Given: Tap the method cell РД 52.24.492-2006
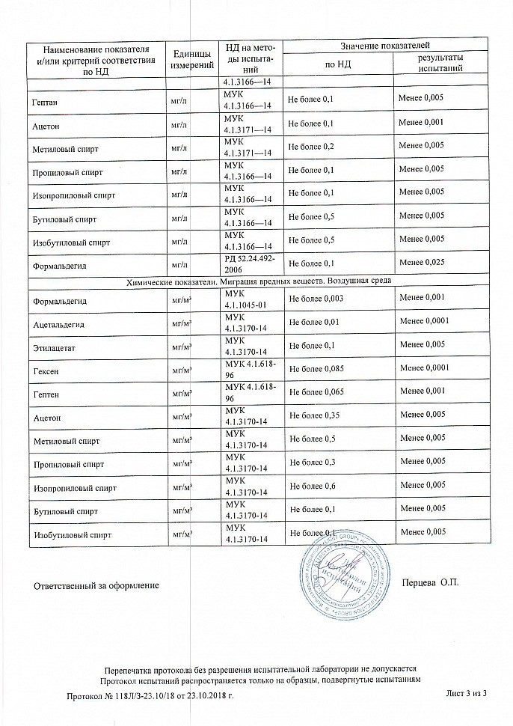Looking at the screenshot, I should pos(249,263).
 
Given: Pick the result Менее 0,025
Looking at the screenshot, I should pos(423,263).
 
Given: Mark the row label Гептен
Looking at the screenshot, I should pos(46,393).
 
